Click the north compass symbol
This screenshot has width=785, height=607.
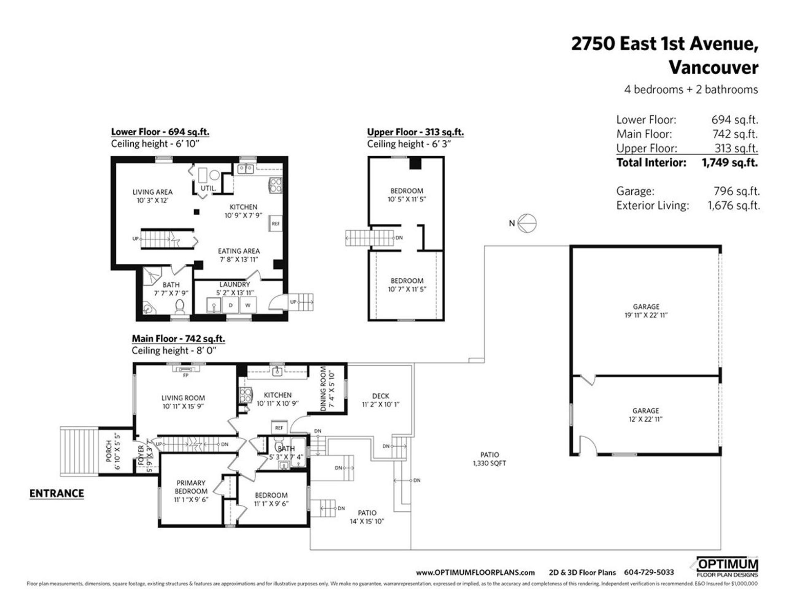527,223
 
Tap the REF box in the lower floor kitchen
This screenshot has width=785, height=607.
276,224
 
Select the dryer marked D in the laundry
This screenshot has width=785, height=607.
231,305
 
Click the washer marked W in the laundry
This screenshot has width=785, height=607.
248,305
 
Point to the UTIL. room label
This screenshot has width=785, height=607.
208,189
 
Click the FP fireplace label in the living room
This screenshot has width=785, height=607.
186,375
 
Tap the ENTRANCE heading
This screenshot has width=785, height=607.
56,493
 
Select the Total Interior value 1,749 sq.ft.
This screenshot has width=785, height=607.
729,163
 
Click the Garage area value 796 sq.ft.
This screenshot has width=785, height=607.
736,191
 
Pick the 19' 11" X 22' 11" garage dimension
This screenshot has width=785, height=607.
646,315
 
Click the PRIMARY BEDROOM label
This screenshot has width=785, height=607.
191,487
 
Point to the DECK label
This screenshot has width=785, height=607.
380,396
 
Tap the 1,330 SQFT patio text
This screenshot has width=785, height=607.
489,463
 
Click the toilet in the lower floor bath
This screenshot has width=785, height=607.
179,305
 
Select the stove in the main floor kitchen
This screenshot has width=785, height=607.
245,395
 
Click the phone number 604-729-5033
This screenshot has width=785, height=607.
649,573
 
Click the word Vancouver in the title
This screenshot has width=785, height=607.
713,67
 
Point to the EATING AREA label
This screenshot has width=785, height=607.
239,251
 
